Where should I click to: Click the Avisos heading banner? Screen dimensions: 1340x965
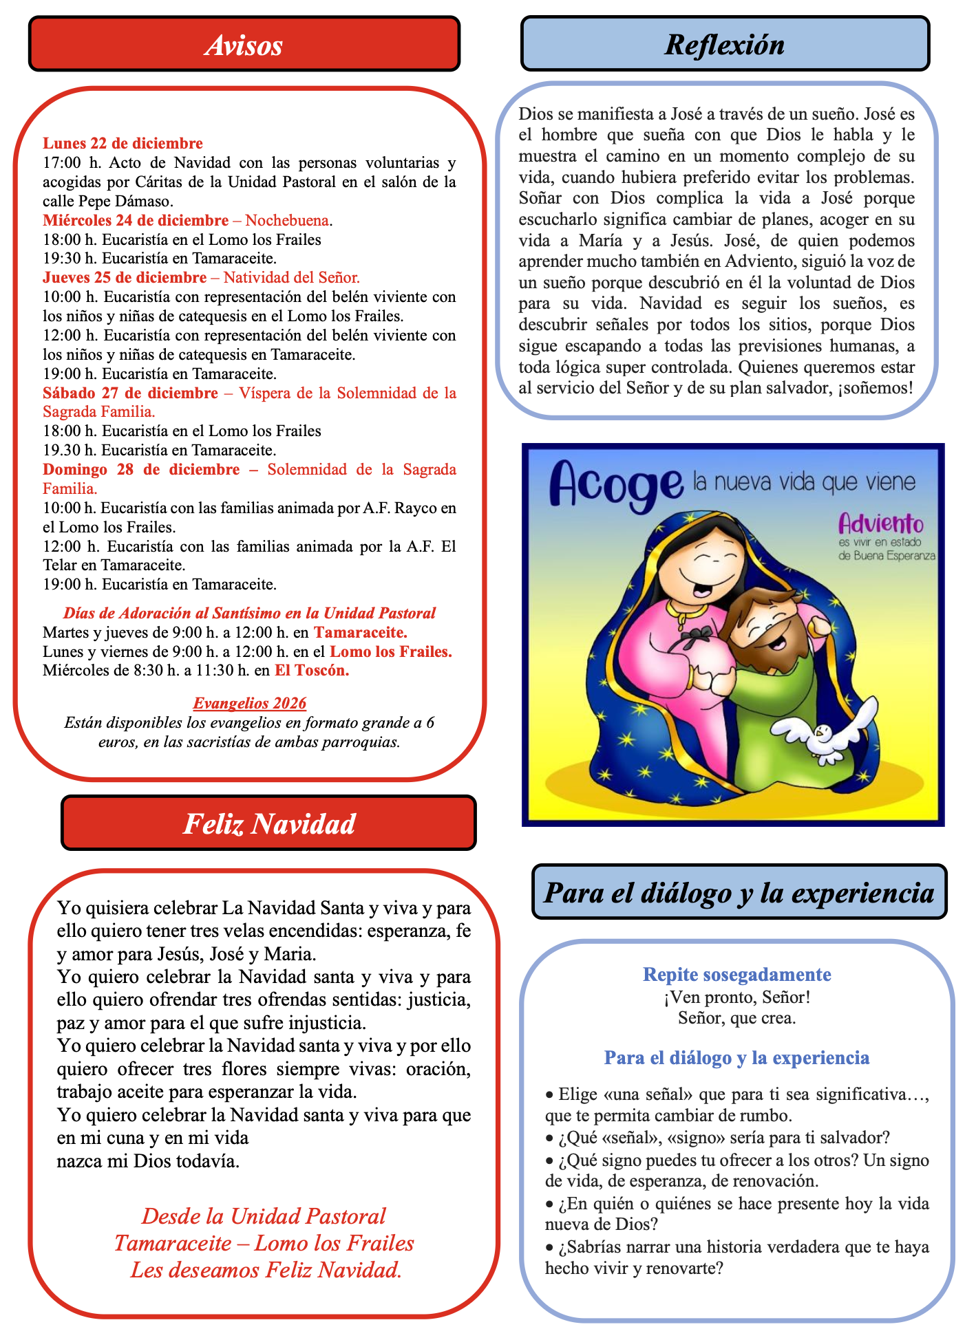tap(244, 45)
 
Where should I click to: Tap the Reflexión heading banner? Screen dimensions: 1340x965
tap(725, 45)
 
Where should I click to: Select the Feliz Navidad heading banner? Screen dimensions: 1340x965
tap(268, 823)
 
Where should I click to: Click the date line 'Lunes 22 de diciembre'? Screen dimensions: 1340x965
tap(123, 143)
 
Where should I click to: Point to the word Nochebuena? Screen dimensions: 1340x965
tap(287, 220)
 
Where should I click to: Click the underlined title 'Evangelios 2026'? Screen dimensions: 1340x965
tap(249, 703)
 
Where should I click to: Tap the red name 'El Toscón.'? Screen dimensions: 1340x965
tap(312, 670)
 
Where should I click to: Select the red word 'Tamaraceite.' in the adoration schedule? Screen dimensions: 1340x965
tap(361, 631)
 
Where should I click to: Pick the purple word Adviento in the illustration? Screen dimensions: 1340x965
tap(880, 525)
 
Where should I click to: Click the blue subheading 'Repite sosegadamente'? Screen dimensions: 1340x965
tap(736, 974)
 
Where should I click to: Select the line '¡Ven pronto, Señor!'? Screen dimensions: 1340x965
tap(736, 996)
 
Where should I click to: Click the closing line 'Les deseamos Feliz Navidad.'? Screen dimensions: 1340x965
tap(266, 1270)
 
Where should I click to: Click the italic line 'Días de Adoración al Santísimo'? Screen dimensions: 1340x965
tap(249, 613)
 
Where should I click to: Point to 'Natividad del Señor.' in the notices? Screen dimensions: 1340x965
tap(291, 277)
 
